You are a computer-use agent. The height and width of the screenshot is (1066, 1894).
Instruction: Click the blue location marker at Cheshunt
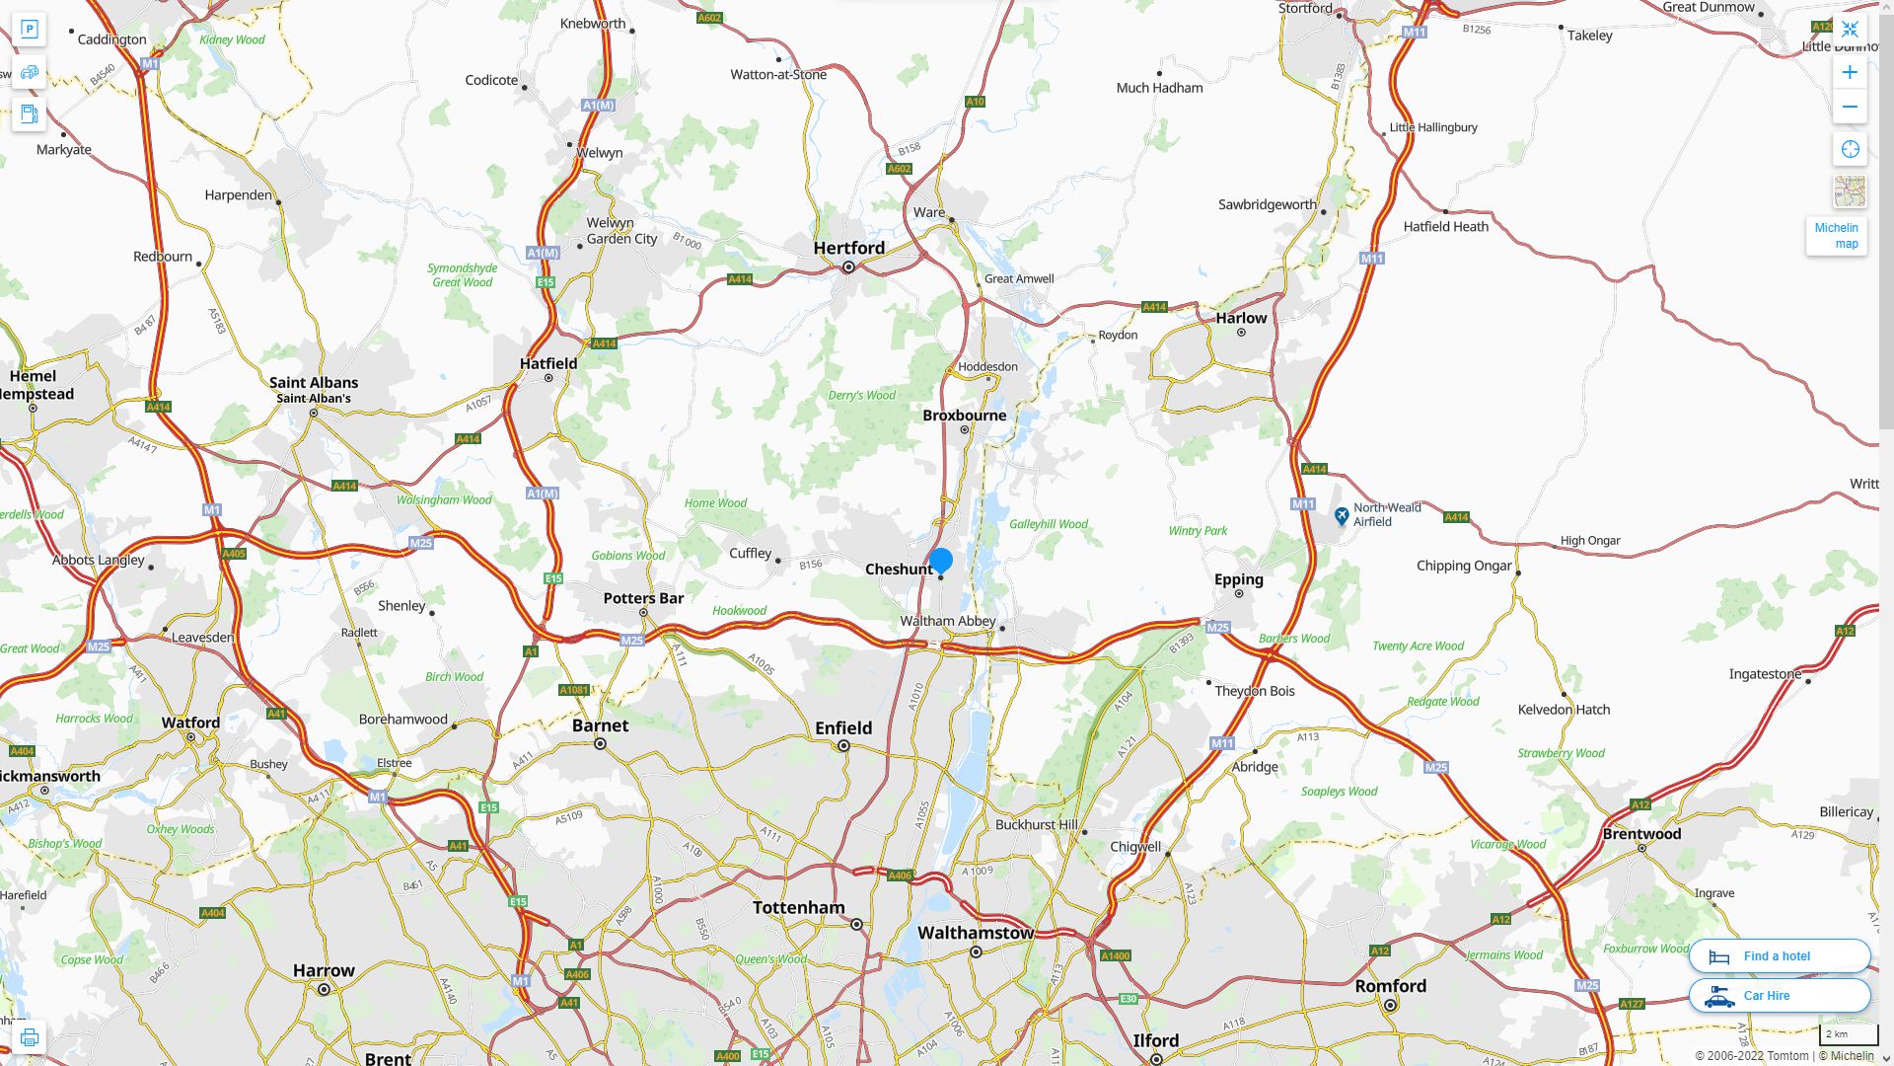click(x=941, y=561)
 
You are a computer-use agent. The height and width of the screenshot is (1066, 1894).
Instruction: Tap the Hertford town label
click(x=848, y=248)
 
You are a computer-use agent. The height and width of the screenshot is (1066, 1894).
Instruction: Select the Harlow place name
click(x=1241, y=318)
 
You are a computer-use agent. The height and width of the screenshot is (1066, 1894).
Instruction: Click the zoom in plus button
click(x=1850, y=72)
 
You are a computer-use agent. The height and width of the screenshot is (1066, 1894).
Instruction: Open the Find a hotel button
click(x=1780, y=955)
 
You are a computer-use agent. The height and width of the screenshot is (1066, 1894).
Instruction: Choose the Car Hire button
click(x=1780, y=995)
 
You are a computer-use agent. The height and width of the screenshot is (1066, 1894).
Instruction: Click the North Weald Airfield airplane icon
click(x=1342, y=515)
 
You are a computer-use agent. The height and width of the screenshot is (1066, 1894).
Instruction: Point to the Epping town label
click(x=1238, y=579)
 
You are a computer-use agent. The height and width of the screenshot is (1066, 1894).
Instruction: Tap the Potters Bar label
click(x=643, y=598)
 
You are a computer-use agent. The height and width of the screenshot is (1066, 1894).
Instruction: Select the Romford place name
click(x=1390, y=986)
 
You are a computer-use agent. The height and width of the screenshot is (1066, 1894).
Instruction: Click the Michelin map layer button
click(x=1836, y=236)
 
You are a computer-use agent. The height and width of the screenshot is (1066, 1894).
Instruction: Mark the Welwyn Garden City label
click(x=621, y=231)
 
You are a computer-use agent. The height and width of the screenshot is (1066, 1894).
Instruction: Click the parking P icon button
click(x=30, y=30)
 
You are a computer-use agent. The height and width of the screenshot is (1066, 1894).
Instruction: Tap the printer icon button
click(x=30, y=1037)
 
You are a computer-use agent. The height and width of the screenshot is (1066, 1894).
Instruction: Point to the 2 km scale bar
click(x=1849, y=1034)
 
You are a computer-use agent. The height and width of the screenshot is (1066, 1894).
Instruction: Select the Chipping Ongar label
click(x=1464, y=566)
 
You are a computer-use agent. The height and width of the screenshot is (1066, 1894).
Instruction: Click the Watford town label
click(x=190, y=723)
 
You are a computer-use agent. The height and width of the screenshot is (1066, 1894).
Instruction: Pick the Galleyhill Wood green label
click(x=1049, y=524)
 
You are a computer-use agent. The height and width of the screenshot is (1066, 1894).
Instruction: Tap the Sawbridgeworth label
click(x=1267, y=204)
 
